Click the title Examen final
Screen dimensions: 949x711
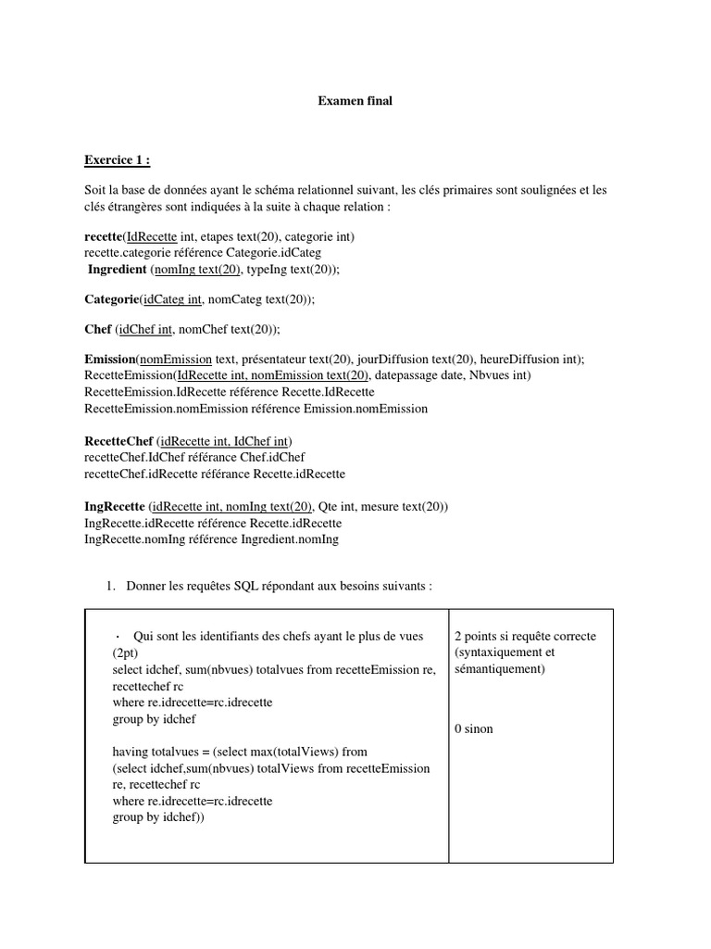click(x=355, y=101)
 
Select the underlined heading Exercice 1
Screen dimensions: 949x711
click(x=117, y=160)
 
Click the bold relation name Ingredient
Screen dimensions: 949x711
click(x=117, y=269)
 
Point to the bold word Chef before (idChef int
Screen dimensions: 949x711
click(x=98, y=329)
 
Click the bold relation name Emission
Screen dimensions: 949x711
click(x=109, y=360)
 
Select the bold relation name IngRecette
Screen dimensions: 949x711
click(x=114, y=507)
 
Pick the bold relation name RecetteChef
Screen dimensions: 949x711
click(x=118, y=440)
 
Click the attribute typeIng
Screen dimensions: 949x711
click(x=265, y=269)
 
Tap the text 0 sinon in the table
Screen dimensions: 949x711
click(x=474, y=728)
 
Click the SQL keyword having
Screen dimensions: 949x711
click(x=131, y=752)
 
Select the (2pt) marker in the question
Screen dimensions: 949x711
click(x=124, y=652)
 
